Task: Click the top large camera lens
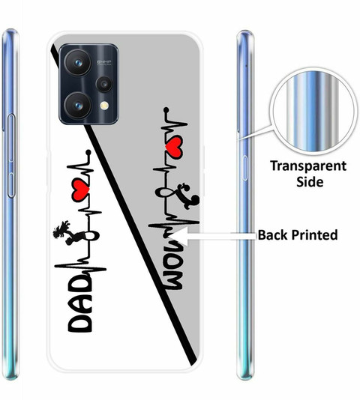coord(78,62)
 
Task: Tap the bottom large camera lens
coord(78,106)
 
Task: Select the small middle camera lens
coord(104,84)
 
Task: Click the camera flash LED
coord(104,106)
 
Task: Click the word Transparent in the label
coord(308,166)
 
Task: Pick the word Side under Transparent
coord(310,181)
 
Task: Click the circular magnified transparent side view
coord(313,111)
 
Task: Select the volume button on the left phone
coord(11,156)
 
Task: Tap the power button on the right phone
coord(245,168)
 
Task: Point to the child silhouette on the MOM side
coord(188,196)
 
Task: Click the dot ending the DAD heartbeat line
coord(88,152)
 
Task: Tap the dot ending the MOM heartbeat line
coord(166,109)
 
